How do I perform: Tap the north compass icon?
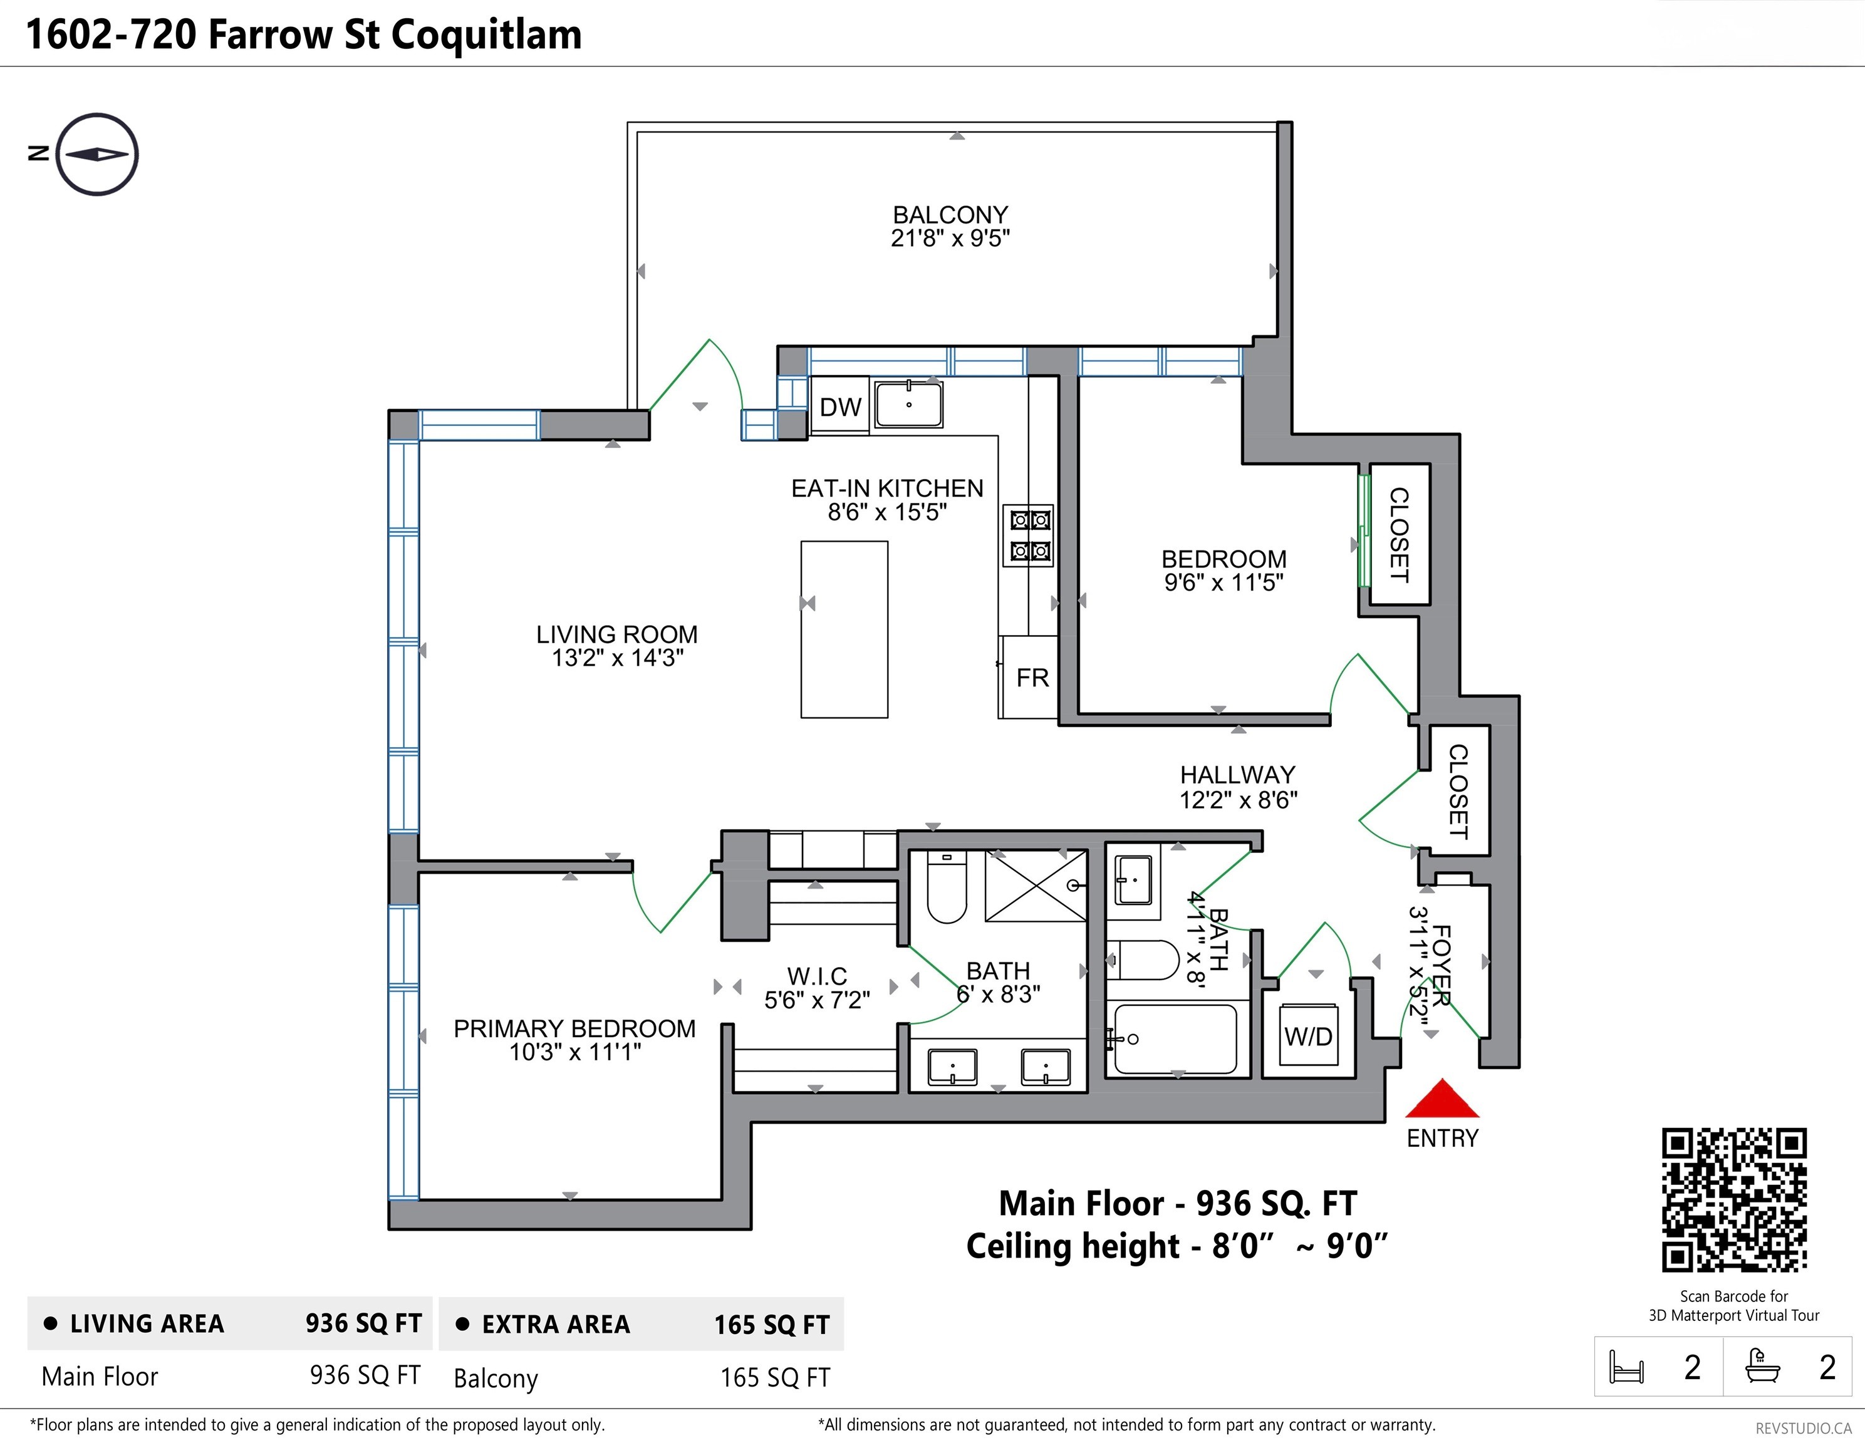[97, 155]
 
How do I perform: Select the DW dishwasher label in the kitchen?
[840, 406]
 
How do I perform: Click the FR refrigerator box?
[1032, 677]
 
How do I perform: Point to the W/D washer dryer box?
[1308, 1037]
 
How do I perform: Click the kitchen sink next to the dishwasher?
[908, 404]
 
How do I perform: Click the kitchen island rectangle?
[844, 629]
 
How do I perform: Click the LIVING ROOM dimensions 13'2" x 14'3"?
[618, 658]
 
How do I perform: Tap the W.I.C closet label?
[816, 976]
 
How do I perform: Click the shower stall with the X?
[1036, 886]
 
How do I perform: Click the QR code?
[1733, 1199]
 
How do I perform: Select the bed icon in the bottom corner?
[1626, 1367]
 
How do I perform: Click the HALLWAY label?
[1237, 775]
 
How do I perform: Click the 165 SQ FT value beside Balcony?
[774, 1377]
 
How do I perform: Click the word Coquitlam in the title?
[486, 35]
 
